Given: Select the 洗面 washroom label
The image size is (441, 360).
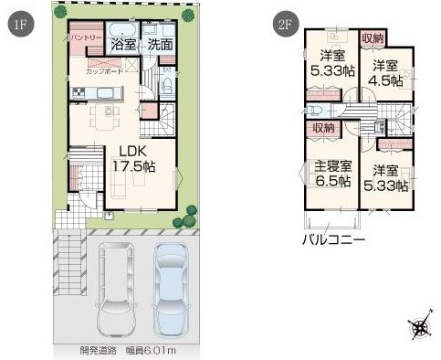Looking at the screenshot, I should coord(161,43).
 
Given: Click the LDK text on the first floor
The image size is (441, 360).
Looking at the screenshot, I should coord(133,152).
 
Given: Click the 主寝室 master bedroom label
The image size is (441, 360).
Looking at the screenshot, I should coord(332,166).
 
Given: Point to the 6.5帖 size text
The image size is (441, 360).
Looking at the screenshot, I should coord(332,181).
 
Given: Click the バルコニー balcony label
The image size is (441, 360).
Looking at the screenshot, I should coord(334,240).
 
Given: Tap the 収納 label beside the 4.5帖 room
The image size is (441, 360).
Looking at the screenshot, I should coord(372,37).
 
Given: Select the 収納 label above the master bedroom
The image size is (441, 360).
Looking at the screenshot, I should coord(324,128).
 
